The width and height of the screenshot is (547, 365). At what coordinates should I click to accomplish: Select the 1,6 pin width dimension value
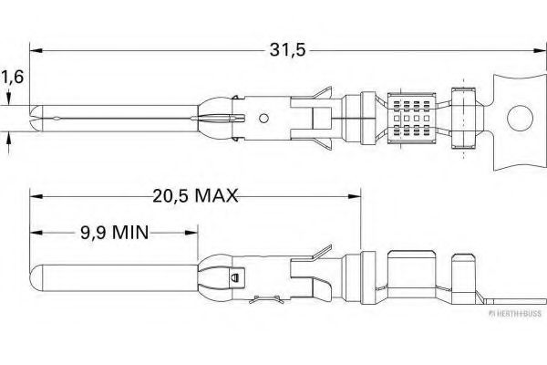12,79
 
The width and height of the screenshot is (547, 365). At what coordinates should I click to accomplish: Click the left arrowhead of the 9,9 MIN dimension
34,232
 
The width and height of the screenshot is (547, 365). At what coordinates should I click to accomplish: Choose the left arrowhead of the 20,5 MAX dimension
34,194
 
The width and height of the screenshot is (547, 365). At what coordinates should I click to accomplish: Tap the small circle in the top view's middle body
263,118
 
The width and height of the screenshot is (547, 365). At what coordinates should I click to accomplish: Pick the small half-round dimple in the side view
234,277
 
